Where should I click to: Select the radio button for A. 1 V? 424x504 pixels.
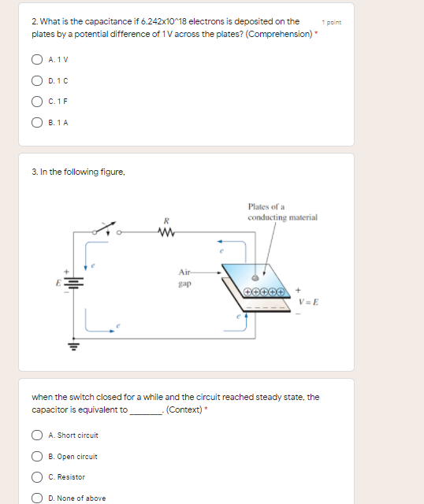(37, 60)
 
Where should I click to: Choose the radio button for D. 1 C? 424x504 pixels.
(37, 80)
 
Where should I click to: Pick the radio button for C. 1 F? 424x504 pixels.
(37, 102)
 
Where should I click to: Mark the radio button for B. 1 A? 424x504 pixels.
(37, 123)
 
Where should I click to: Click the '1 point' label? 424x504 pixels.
(331, 23)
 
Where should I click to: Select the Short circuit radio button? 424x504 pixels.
(37, 435)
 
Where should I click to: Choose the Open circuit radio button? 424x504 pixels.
(37, 457)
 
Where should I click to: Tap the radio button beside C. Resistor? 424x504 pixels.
(37, 477)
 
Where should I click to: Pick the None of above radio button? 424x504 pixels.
(37, 498)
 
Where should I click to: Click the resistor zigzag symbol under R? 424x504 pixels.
(166, 232)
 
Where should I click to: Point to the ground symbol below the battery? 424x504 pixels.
(73, 346)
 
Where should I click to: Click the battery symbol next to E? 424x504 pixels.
(74, 283)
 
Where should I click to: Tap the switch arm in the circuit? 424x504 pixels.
(105, 227)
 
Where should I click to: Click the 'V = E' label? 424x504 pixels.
(308, 302)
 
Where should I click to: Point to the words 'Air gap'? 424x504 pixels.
(185, 278)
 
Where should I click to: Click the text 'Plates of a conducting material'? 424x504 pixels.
(282, 212)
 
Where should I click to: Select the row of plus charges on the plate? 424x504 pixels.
(264, 292)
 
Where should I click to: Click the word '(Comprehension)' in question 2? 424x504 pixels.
(279, 34)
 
